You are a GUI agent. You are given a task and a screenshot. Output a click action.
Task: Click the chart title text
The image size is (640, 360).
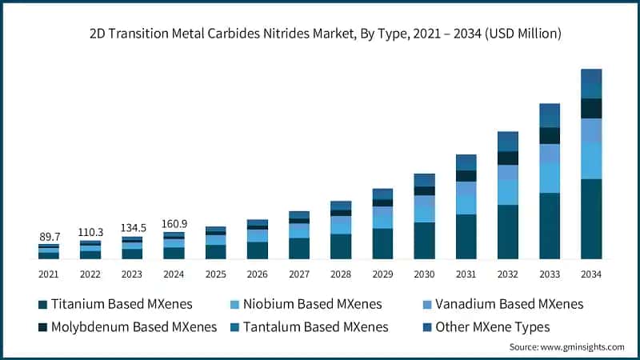click(x=320, y=34)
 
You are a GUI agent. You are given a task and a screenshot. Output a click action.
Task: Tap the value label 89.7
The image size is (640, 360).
click(x=49, y=237)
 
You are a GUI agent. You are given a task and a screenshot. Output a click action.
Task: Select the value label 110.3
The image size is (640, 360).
click(x=90, y=232)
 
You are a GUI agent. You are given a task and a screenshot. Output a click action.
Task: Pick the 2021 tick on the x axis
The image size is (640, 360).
click(x=49, y=274)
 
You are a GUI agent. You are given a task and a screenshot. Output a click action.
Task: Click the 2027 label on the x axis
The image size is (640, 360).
click(x=298, y=274)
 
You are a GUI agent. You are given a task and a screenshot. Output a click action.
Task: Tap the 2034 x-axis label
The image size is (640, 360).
click(x=590, y=274)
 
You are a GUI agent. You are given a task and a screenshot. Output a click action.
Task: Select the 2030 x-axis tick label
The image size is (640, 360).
click(x=424, y=274)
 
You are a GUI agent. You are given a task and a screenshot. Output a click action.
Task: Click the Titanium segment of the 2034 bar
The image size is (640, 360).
click(x=591, y=219)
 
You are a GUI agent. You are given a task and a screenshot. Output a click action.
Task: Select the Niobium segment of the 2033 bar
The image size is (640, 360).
click(x=550, y=178)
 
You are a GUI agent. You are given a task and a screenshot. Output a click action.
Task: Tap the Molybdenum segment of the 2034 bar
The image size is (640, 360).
click(x=591, y=108)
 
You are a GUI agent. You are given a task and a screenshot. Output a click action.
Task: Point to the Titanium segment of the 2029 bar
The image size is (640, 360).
click(x=382, y=244)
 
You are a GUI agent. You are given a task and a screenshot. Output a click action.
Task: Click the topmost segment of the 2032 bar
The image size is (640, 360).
click(x=508, y=142)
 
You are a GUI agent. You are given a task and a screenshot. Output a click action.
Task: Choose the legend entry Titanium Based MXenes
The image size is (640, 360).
click(x=111, y=304)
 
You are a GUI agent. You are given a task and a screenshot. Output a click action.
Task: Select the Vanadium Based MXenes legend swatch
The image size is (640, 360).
click(x=428, y=304)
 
